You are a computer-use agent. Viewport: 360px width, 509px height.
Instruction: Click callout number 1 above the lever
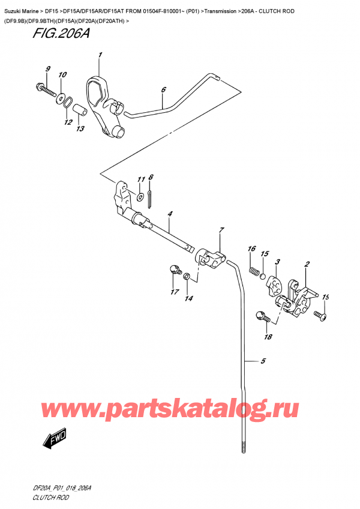pyautogui.click(x=100, y=56)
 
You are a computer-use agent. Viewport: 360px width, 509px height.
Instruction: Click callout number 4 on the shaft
pyautogui.click(x=170, y=214)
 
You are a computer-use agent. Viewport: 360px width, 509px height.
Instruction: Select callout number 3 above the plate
pyautogui.click(x=277, y=262)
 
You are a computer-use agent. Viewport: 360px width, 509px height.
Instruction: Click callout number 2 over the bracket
pyautogui.click(x=307, y=264)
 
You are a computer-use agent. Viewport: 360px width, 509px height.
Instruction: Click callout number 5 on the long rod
pyautogui.click(x=262, y=361)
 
